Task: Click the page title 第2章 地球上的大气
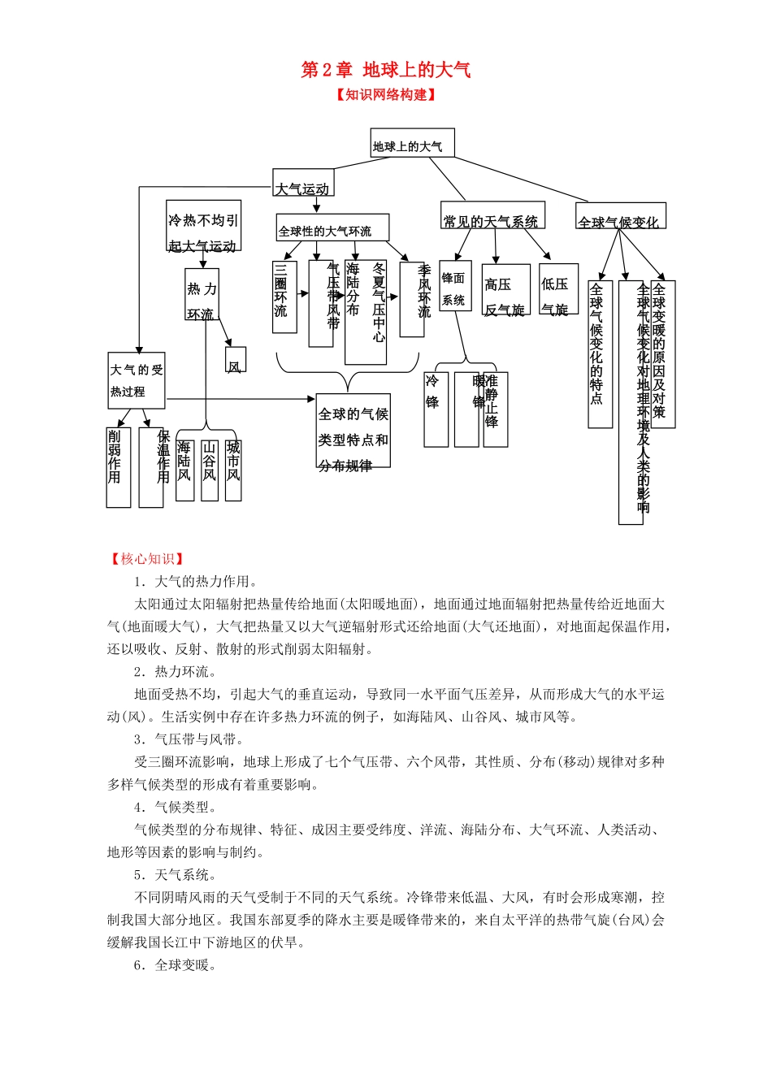(385, 70)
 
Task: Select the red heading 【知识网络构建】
(386, 95)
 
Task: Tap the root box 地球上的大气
(411, 144)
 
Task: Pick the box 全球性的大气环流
(332, 229)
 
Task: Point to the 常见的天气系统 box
(492, 217)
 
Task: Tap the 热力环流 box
(202, 294)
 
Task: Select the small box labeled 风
(236, 360)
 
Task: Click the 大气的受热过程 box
(137, 380)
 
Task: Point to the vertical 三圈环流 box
(284, 297)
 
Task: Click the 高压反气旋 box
(505, 290)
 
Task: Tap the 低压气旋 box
(558, 289)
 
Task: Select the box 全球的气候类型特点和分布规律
(353, 431)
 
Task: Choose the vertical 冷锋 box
(436, 409)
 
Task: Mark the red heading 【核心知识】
(146, 559)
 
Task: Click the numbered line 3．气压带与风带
(189, 739)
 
